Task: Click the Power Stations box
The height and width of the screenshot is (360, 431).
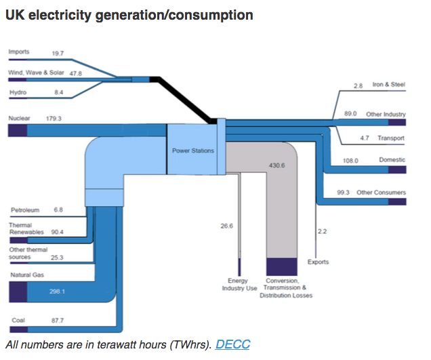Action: tap(193, 151)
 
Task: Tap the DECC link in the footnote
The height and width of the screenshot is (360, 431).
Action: tap(232, 344)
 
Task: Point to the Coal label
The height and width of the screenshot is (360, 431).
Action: tap(18, 320)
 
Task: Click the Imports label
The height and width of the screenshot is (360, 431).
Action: tap(19, 52)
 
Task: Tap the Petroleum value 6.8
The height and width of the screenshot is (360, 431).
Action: tap(58, 210)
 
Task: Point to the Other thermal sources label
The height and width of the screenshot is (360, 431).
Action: tap(28, 254)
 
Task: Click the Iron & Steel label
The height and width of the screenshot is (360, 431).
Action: tap(388, 85)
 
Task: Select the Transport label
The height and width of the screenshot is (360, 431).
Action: tap(391, 138)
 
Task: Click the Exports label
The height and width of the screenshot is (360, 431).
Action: tap(318, 262)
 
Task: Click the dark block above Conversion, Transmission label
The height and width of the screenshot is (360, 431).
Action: tap(282, 266)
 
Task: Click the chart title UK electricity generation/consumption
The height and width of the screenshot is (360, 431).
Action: tap(129, 15)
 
